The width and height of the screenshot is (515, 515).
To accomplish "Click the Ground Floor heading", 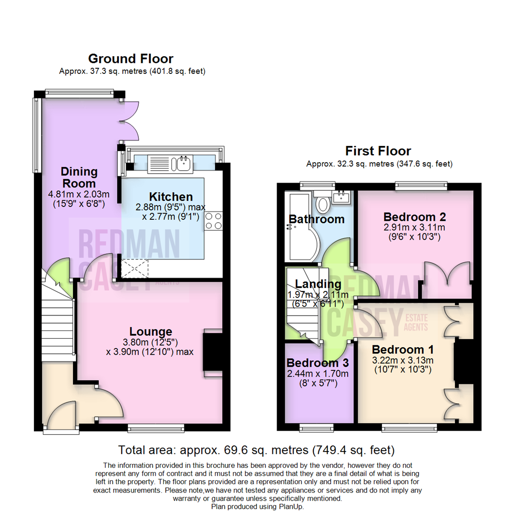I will [131, 59].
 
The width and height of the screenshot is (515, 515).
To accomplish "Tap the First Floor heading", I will [378, 151].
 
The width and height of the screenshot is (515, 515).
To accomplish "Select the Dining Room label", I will [79, 177].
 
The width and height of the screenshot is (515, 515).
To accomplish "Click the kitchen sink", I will [184, 164].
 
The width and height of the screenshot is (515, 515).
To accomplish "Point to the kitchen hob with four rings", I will [214, 221].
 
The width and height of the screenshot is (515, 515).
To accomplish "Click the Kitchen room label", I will [171, 196].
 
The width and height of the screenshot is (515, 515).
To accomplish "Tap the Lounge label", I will [151, 331].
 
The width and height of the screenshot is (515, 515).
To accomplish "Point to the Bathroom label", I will [317, 219].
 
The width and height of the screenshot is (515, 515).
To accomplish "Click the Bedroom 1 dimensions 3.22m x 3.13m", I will [402, 360].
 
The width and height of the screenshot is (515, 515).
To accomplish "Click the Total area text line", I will [257, 449].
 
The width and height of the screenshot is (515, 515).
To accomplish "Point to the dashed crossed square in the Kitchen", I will [135, 268].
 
